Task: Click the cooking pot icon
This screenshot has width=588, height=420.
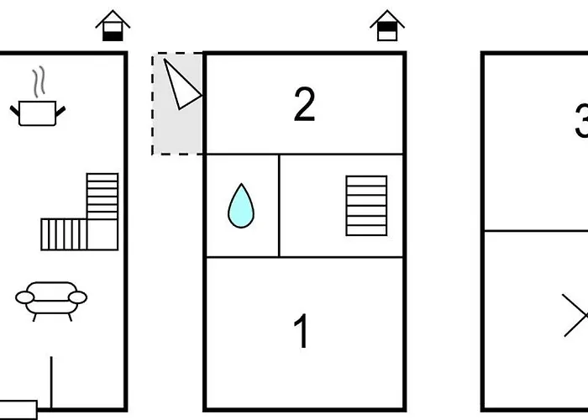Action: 37,113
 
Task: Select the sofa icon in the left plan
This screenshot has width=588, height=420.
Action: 51,299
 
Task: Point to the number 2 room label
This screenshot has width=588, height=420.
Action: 304,105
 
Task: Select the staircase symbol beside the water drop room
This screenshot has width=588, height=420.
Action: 366,205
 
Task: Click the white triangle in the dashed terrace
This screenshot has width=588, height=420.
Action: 180,84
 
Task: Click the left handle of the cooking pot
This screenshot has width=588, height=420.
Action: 16,108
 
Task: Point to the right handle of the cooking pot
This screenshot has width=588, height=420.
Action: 60,108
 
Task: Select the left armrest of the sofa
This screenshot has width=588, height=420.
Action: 24,297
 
